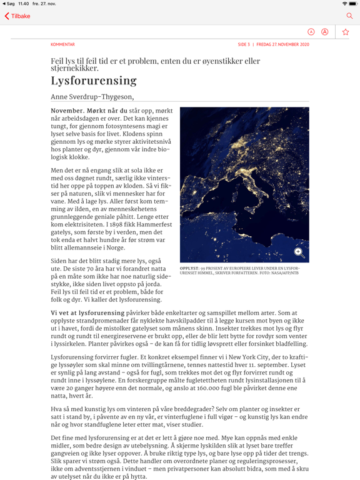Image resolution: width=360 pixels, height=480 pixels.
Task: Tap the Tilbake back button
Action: click(x=17, y=16)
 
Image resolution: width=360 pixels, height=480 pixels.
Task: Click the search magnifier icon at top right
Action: click(x=349, y=16)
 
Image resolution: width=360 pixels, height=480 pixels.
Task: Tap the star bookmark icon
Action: click(x=346, y=32)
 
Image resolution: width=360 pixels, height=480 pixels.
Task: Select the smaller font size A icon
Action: click(x=311, y=32)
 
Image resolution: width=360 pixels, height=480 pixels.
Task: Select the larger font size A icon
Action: click(x=325, y=32)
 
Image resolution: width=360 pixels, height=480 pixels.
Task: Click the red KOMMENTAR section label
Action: click(x=62, y=44)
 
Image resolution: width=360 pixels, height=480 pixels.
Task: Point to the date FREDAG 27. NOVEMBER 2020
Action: click(x=282, y=44)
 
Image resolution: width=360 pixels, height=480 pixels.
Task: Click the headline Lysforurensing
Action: click(x=93, y=81)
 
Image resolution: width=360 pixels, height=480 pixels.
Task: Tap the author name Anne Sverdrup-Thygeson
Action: click(x=92, y=97)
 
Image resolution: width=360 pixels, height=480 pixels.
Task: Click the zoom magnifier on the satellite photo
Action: click(x=299, y=252)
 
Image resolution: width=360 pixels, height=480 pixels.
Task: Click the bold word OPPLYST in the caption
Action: click(x=189, y=267)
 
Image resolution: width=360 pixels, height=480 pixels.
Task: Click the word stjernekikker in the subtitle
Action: click(x=74, y=68)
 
